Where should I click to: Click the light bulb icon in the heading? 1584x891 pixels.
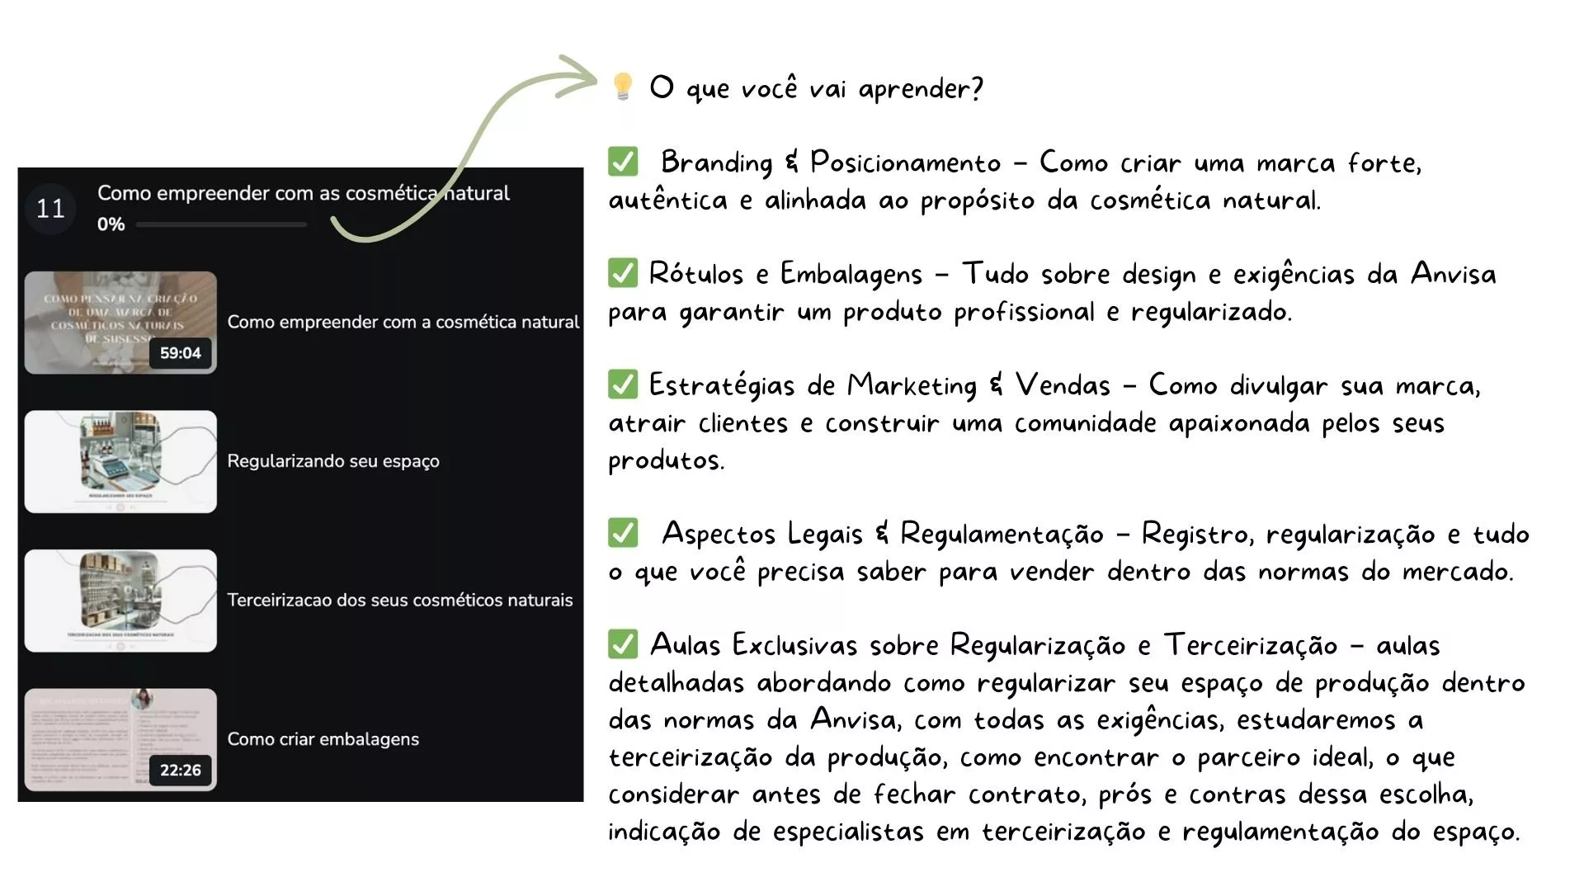[623, 86]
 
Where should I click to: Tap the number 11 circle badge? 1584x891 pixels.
[50, 209]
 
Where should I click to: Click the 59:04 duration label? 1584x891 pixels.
[181, 353]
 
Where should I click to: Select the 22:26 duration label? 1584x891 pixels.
[181, 770]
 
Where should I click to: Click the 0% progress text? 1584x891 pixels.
[111, 224]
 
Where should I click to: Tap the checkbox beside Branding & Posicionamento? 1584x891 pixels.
[623, 162]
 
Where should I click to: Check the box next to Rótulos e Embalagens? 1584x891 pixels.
[623, 273]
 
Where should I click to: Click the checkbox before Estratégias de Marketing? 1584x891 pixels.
[623, 384]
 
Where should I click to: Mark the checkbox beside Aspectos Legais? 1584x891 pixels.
[623, 533]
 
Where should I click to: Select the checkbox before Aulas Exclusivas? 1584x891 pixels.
[623, 644]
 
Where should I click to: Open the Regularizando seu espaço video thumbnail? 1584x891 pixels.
[120, 461]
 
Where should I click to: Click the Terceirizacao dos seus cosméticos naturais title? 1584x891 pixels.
[399, 600]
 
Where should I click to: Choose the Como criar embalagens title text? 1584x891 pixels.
[323, 739]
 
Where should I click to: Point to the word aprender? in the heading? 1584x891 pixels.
[920, 88]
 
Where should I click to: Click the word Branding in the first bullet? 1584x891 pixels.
[716, 163]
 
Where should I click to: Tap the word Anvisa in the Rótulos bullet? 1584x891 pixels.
[1453, 273]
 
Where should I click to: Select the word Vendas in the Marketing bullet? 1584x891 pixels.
[1063, 385]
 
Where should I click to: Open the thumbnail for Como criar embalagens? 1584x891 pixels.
[120, 739]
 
